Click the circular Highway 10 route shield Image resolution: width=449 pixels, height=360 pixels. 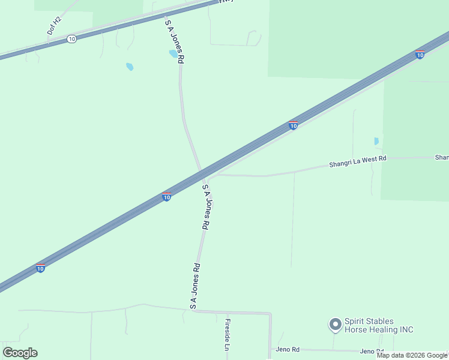(x=72, y=38)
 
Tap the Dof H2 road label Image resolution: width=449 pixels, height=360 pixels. (x=54, y=25)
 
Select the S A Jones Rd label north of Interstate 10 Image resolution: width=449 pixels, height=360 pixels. (x=175, y=41)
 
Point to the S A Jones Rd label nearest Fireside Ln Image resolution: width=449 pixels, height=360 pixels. (x=194, y=286)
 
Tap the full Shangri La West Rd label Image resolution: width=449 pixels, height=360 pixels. (x=358, y=161)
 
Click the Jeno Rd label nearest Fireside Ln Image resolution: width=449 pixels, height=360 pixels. (x=288, y=349)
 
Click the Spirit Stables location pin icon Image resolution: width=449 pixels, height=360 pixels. (x=334, y=325)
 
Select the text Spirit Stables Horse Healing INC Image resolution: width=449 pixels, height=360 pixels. (x=379, y=325)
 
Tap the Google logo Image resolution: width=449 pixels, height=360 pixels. (x=20, y=353)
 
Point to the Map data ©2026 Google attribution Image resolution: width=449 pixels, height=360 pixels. (x=412, y=355)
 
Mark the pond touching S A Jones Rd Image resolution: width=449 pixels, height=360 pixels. (x=173, y=53)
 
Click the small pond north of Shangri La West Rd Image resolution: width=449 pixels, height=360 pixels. (x=376, y=142)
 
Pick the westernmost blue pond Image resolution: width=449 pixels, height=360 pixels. (x=130, y=67)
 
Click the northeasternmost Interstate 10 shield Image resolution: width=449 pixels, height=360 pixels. (x=420, y=55)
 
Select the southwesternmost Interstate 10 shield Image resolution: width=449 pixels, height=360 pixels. (x=40, y=268)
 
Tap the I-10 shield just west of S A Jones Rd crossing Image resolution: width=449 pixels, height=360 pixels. (x=167, y=196)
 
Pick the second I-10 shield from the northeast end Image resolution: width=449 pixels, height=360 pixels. (x=293, y=125)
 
